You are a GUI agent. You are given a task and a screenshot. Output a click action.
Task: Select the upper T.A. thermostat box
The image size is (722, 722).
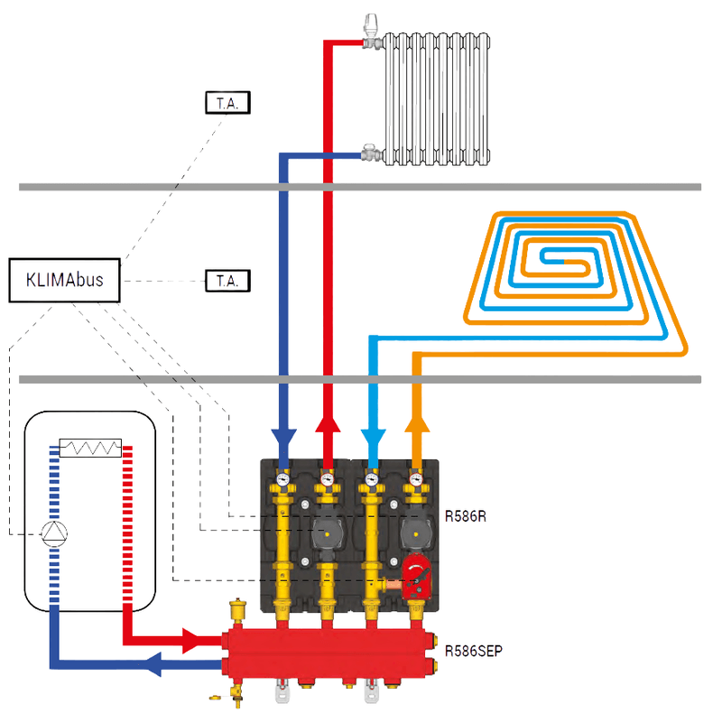(227, 103)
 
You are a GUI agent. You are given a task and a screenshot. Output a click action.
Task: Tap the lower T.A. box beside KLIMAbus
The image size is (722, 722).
(227, 281)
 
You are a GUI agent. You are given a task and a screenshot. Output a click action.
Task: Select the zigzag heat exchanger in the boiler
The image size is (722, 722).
(89, 449)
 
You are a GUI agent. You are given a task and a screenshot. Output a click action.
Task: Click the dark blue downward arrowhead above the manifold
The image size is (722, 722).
(283, 438)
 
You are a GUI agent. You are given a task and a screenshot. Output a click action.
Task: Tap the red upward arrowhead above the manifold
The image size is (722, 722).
(328, 425)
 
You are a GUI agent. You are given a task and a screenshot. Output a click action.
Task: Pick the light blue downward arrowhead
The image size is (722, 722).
(371, 438)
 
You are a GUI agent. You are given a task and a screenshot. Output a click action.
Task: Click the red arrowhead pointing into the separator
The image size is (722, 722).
(194, 641)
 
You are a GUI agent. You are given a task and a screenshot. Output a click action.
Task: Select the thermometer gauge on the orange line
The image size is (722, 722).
(415, 479)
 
